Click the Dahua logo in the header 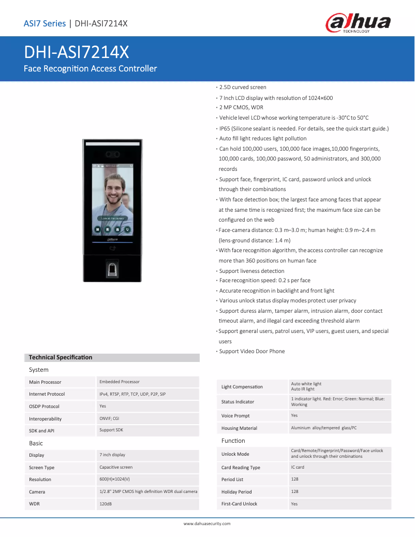(358, 23)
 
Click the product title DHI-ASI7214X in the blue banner (76, 53)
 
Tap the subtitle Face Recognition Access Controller (90, 68)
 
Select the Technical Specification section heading (61, 357)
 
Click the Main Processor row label (45, 382)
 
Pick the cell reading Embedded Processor (120, 382)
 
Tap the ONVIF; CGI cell (109, 418)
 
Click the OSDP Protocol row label (44, 407)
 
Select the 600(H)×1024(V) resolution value (114, 479)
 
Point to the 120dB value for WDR (106, 503)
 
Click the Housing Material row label (239, 428)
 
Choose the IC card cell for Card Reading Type (298, 467)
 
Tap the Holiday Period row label (236, 492)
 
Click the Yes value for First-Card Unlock (294, 503)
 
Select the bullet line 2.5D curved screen (243, 88)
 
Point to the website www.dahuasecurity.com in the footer (207, 524)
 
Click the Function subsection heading (233, 441)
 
